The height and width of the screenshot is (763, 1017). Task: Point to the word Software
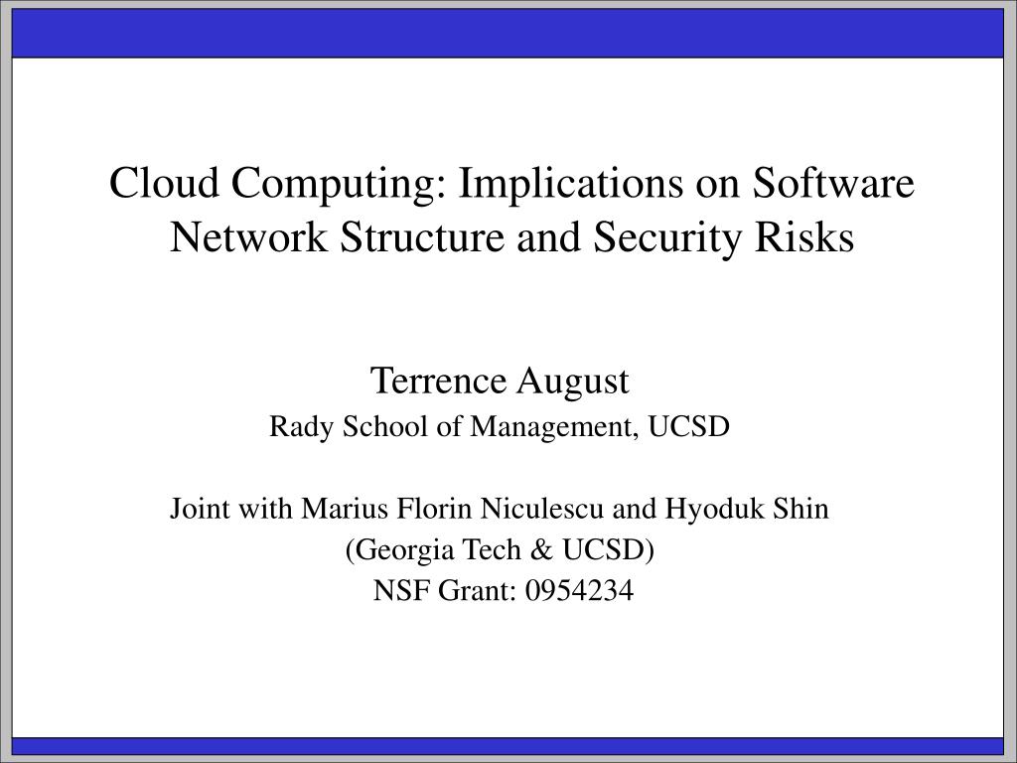coord(833,183)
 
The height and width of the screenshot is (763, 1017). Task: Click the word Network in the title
coord(248,236)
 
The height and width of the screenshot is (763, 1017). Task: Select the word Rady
coord(302,427)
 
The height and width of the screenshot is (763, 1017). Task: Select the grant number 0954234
coord(579,591)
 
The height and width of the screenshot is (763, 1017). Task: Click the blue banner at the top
coord(508,34)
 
